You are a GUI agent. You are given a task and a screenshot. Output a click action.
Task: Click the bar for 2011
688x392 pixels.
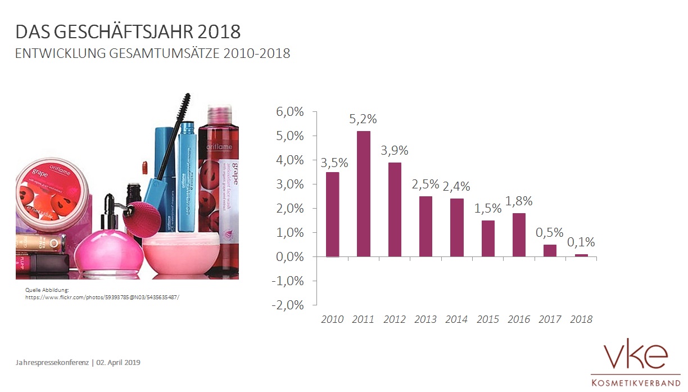(x=364, y=193)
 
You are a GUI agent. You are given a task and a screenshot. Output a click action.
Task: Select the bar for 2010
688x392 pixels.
(x=333, y=214)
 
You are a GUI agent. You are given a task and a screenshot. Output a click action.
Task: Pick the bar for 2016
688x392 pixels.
(x=519, y=235)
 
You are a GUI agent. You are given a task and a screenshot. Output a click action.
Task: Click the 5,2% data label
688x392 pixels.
(x=363, y=119)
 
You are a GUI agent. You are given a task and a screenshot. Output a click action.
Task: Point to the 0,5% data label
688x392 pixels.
(x=550, y=232)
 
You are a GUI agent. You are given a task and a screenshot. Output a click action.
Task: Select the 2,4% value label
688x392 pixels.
(x=456, y=186)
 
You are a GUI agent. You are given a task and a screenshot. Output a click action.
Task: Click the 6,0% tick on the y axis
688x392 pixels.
(x=290, y=112)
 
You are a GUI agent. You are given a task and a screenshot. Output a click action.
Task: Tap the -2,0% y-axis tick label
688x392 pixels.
(x=289, y=305)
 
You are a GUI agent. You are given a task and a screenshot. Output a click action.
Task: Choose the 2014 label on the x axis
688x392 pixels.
(x=456, y=319)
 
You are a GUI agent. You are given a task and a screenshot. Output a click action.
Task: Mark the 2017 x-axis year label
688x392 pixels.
(x=550, y=319)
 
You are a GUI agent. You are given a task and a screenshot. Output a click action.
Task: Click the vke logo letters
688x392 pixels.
(x=635, y=357)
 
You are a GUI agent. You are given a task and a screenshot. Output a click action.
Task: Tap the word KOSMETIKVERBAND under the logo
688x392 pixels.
(x=635, y=383)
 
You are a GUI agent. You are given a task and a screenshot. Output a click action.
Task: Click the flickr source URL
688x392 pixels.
(x=102, y=296)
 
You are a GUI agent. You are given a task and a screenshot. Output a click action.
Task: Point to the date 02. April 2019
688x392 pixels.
(x=117, y=362)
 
